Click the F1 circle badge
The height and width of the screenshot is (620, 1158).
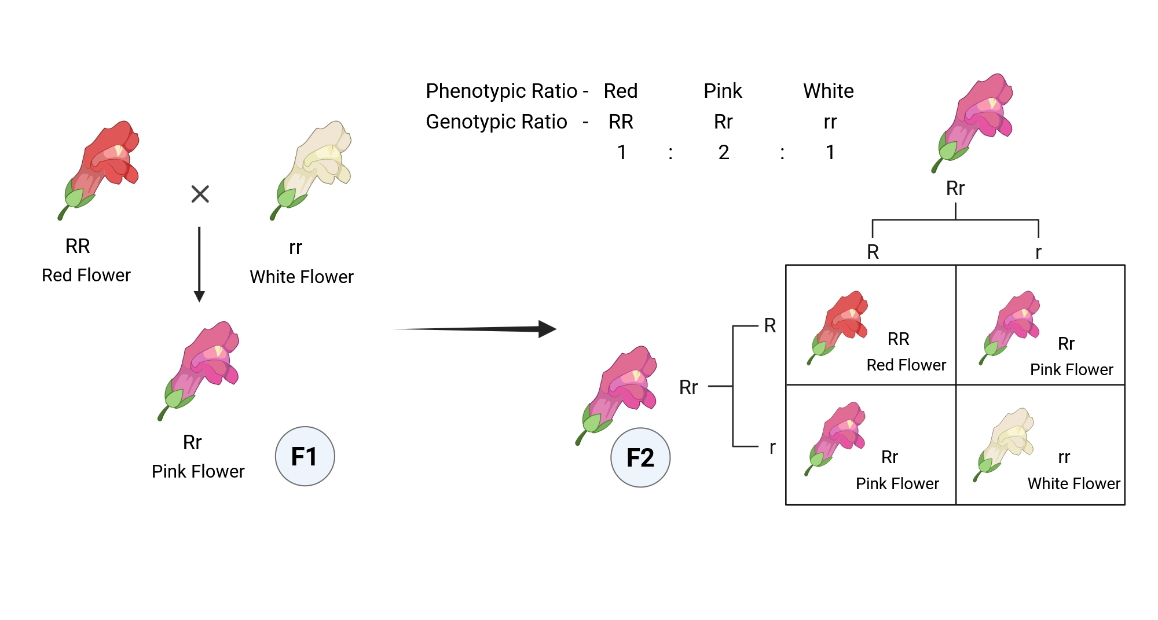(x=305, y=456)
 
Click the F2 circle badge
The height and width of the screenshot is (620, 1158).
(x=640, y=457)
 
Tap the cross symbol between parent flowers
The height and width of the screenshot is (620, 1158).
(x=200, y=194)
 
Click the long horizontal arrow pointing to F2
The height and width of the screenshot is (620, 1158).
(x=475, y=329)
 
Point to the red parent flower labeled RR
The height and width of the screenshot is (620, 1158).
(x=101, y=168)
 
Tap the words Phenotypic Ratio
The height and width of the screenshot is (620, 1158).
(x=501, y=91)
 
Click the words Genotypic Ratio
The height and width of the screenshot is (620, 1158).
(x=496, y=122)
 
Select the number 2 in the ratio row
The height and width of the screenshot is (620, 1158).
(x=723, y=152)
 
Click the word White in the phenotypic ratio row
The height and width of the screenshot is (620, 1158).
(x=828, y=91)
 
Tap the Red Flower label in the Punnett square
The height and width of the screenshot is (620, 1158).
(x=906, y=365)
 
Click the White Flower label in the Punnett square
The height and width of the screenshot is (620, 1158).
(x=1073, y=483)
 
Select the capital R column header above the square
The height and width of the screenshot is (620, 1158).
(x=873, y=252)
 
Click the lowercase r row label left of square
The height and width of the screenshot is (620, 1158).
(x=772, y=447)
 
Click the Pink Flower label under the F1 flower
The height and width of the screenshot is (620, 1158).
(x=198, y=471)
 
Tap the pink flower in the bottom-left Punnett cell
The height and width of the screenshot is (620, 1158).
(x=837, y=437)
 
